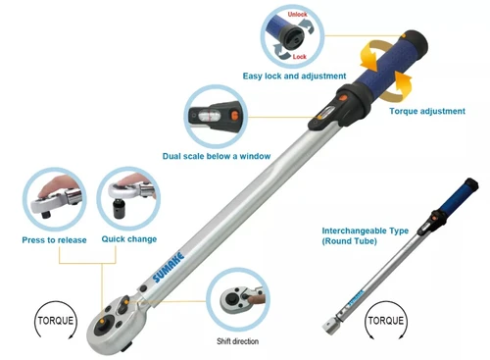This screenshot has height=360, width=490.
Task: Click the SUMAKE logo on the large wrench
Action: [x=169, y=267]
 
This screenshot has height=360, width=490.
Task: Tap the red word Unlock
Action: [x=297, y=15]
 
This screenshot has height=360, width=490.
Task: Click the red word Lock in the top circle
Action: [x=299, y=57]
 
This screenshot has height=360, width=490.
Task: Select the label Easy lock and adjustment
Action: [x=294, y=76]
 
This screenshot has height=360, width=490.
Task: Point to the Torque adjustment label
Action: [x=427, y=111]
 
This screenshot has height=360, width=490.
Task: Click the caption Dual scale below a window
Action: [x=217, y=156]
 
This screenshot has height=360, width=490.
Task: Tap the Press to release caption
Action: [x=54, y=240]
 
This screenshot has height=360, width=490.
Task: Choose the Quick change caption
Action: [x=129, y=239]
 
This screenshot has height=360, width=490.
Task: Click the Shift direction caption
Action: [x=238, y=341]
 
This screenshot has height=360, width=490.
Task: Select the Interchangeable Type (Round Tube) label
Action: [x=366, y=235]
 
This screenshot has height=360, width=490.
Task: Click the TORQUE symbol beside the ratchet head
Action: [x=56, y=320]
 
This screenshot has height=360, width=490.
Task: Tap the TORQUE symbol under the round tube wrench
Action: [x=386, y=320]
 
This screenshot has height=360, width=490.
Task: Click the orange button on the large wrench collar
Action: [x=343, y=98]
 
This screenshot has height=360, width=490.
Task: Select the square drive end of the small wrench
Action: [x=329, y=326]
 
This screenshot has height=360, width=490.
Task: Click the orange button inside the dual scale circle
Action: [x=234, y=115]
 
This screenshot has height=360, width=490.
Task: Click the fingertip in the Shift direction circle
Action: [x=256, y=298]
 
